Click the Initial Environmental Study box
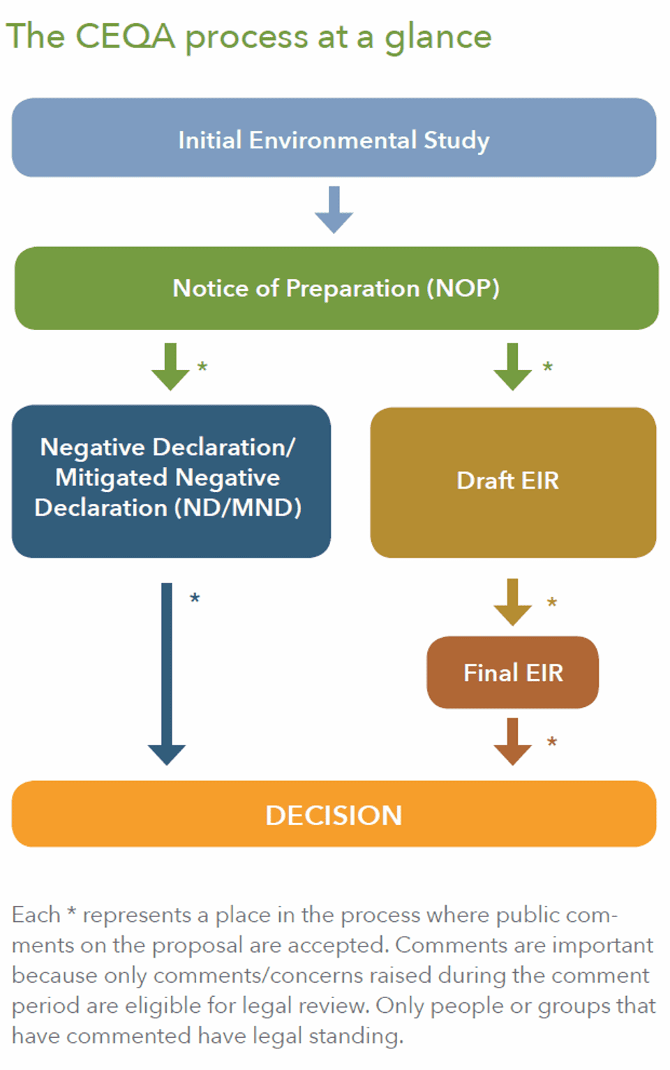pyautogui.click(x=334, y=138)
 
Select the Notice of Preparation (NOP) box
pyautogui.click(x=336, y=288)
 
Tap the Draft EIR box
pyautogui.click(x=512, y=482)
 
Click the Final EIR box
pyautogui.click(x=512, y=672)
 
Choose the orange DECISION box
pyautogui.click(x=334, y=814)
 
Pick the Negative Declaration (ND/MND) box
pyautogui.click(x=171, y=480)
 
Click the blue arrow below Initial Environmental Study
pyautogui.click(x=334, y=209)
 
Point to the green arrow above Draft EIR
pyautogui.click(x=512, y=366)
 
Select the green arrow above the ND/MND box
pyautogui.click(x=170, y=366)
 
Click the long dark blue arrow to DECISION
pyautogui.click(x=167, y=674)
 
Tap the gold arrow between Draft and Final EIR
pyautogui.click(x=512, y=602)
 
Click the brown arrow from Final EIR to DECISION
pyautogui.click(x=512, y=741)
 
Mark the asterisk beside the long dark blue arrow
pyautogui.click(x=195, y=599)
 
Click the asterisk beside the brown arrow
pyautogui.click(x=552, y=742)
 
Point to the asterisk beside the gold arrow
pyautogui.click(x=552, y=602)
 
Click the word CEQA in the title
pyautogui.click(x=125, y=36)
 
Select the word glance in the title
pyautogui.click(x=438, y=38)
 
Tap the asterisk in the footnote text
pyautogui.click(x=71, y=912)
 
